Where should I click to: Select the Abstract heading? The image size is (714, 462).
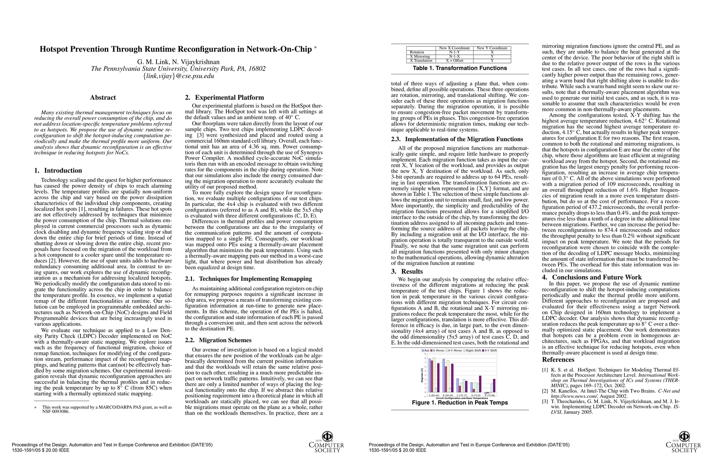point(103,98)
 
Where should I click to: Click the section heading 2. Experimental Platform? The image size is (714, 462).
point(224,98)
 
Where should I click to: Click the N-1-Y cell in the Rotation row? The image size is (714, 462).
point(454,52)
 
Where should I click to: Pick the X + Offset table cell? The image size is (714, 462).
point(454,61)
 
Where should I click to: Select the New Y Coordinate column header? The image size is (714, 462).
point(492,48)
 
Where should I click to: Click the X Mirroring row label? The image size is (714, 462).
point(420,57)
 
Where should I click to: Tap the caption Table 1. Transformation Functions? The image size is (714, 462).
point(460,68)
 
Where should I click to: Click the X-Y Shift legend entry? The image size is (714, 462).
point(490,351)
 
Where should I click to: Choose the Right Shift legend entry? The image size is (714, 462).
point(473,351)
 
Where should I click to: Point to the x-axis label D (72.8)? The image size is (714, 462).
point(476,395)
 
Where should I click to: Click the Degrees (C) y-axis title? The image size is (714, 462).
point(422,375)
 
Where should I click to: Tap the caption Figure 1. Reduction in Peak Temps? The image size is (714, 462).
point(460,403)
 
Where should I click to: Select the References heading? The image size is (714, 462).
point(558,360)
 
